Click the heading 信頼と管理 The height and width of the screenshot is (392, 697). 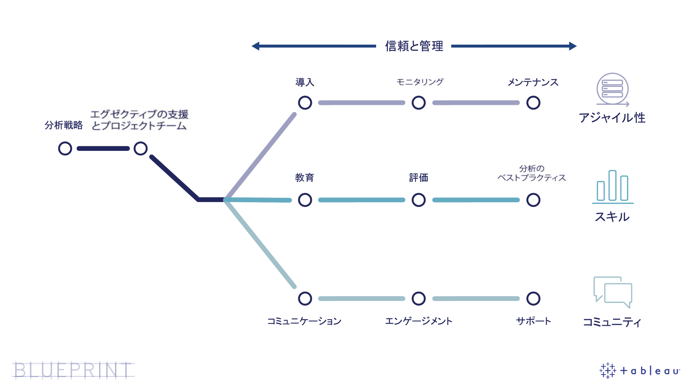coord(414,46)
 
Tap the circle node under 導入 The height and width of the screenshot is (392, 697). coord(305,103)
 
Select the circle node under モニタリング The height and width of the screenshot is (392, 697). coord(419,103)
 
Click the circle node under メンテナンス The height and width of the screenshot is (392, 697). coord(533,103)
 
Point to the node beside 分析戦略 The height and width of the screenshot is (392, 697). coord(65,148)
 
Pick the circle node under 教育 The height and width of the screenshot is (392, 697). coord(305,200)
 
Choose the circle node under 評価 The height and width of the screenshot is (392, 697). coord(419,200)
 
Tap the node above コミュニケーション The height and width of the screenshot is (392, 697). coord(305,299)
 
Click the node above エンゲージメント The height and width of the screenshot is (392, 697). coord(419,299)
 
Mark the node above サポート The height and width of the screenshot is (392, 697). coord(533,299)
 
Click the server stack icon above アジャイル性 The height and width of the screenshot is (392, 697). coord(612,89)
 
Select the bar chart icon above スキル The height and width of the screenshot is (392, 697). coord(612,186)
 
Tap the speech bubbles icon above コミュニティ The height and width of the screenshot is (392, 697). coord(613,292)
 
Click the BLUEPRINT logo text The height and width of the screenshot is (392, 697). coord(73,370)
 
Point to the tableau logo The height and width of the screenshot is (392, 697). coord(640,370)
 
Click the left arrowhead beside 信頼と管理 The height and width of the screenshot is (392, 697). coord(256,46)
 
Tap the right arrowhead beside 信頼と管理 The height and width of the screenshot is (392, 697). coord(573,46)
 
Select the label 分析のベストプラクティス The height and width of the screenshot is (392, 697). coord(531,174)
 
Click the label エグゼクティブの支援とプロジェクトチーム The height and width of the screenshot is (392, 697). coord(139,120)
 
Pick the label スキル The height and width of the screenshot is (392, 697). coord(612,217)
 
